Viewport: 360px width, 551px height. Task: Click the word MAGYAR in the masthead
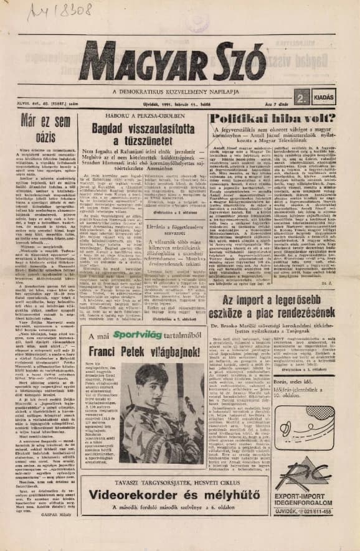click(x=143, y=63)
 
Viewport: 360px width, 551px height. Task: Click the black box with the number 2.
click(x=301, y=97)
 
